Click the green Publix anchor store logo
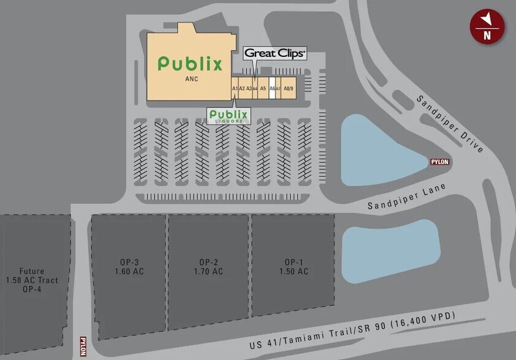tap(190, 63)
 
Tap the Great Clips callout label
tap(275, 53)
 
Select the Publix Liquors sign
tap(229, 116)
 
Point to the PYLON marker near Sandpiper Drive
tap(439, 162)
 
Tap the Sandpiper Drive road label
tap(450, 124)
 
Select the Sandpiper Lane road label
tap(406, 197)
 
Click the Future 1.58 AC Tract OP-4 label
tap(32, 280)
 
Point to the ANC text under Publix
tap(190, 79)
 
